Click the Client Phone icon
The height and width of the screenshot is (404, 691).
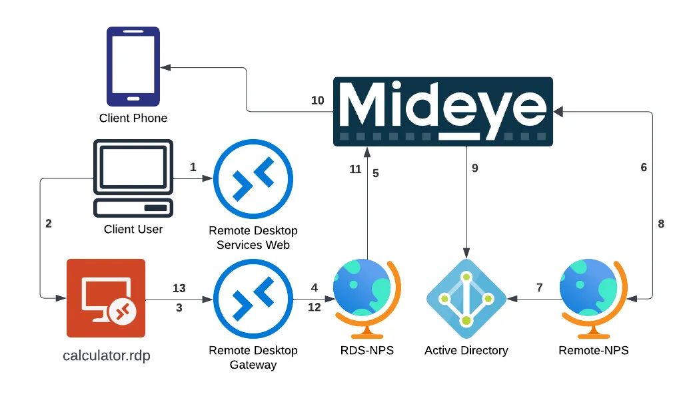(133, 67)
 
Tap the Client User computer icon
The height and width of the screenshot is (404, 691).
(133, 178)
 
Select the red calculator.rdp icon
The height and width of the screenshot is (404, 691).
(106, 298)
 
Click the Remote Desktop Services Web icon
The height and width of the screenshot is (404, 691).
(253, 178)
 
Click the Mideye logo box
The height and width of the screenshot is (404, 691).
(443, 111)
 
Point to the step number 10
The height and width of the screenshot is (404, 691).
(318, 101)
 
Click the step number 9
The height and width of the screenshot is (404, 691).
(475, 168)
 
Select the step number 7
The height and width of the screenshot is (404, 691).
(540, 288)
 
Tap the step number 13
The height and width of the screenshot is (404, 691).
(179, 288)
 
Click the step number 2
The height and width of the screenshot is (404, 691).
(49, 224)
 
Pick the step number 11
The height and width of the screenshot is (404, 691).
(355, 170)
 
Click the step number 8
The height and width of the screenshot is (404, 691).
(661, 224)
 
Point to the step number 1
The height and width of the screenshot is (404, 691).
(193, 167)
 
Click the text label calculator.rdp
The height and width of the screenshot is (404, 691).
(107, 355)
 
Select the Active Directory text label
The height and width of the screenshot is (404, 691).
(466, 350)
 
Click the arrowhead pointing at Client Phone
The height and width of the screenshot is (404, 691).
(166, 67)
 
